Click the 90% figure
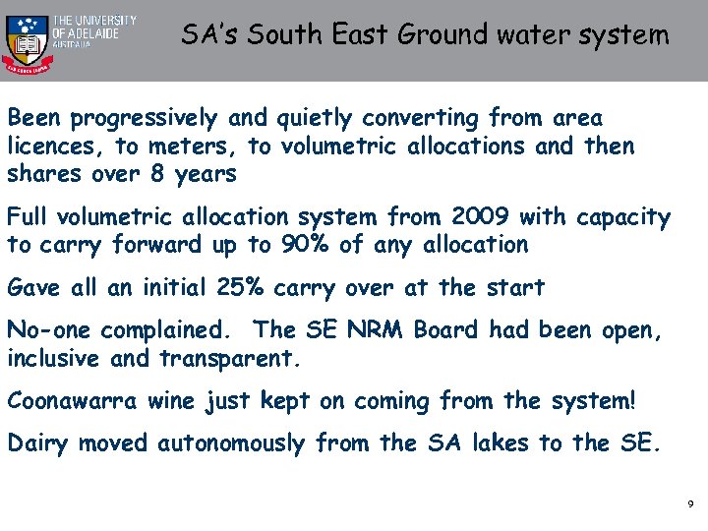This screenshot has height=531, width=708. point(299,244)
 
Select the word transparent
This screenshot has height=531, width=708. point(227,359)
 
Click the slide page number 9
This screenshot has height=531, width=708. point(690,503)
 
